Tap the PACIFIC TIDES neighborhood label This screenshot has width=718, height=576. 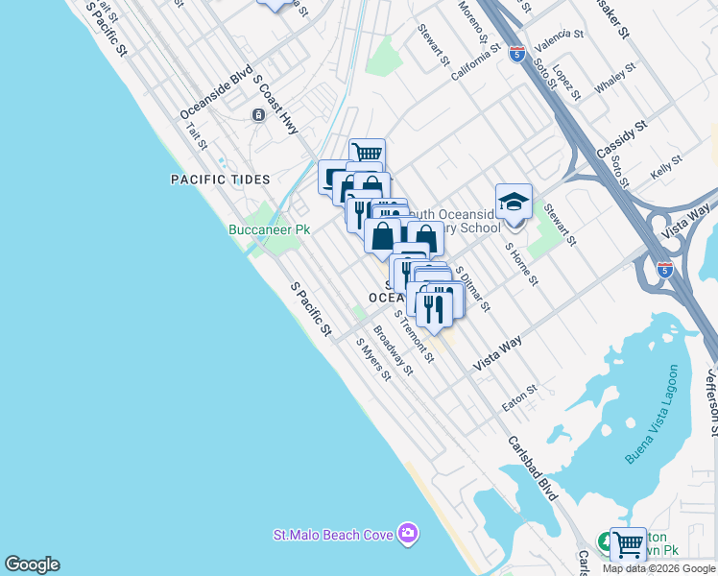click(220, 180)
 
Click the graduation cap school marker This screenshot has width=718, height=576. click(514, 202)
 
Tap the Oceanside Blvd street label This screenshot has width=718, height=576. click(216, 93)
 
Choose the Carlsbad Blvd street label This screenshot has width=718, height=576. click(533, 470)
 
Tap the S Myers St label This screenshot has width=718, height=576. click(373, 358)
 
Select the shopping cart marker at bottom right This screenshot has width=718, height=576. click(629, 544)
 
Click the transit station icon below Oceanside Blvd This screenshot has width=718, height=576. click(258, 115)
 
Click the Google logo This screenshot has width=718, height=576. click(32, 564)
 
